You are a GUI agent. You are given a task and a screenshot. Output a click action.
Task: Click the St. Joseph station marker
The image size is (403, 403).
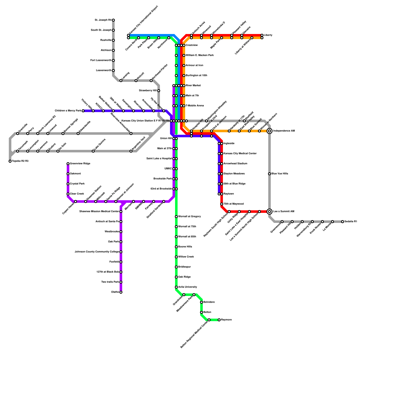tap(113, 20)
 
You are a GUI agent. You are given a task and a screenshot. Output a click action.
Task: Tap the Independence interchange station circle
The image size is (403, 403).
tap(270, 131)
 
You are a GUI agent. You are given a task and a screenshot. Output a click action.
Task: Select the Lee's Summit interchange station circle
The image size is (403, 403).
tap(270, 212)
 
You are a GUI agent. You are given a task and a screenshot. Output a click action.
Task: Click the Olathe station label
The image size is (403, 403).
tap(115, 292)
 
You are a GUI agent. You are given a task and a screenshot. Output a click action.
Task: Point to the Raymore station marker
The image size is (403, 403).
tap(219, 320)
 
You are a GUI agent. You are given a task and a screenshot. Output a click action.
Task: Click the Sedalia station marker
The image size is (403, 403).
tap(343, 222)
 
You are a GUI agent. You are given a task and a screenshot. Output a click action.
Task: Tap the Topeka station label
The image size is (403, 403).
tap(20, 161)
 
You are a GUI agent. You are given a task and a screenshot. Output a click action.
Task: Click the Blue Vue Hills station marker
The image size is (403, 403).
tap(270, 174)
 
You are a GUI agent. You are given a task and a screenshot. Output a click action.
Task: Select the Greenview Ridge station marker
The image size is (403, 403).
tap(68, 164)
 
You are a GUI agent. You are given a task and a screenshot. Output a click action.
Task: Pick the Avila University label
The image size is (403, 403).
tap(187, 287)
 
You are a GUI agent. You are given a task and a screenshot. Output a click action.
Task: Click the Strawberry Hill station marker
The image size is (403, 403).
tap(159, 91)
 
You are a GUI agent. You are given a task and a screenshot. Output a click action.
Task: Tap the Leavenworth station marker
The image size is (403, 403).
tap(113, 71)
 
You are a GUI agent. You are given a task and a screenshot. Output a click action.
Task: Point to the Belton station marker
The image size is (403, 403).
tap(201, 312)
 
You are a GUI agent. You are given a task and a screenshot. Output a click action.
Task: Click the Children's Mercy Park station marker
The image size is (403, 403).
tap(83, 111)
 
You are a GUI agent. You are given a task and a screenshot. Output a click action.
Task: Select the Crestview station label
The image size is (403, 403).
tap(192, 45)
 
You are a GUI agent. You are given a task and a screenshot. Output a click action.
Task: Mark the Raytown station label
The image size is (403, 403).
tap(229, 194)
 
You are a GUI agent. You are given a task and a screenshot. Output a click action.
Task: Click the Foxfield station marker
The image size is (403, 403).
tap(121, 262)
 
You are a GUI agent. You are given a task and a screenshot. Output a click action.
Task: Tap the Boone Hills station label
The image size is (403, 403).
tap(185, 247)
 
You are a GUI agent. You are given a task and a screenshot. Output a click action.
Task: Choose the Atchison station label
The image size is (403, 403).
tap(106, 50)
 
